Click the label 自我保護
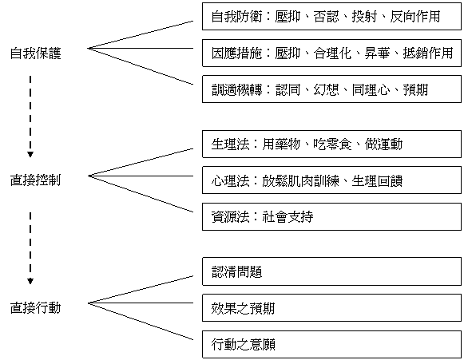[x=35, y=53]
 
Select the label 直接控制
[x=35, y=180]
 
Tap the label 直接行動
[x=35, y=307]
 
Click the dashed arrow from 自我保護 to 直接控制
[x=30, y=117]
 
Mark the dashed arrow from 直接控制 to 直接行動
[x=30, y=248]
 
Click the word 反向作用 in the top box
[x=414, y=17]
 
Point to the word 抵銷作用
[x=428, y=53]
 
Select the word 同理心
[x=371, y=89]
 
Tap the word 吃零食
[x=332, y=144]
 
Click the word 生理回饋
[x=377, y=180]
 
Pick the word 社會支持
[x=288, y=217]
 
